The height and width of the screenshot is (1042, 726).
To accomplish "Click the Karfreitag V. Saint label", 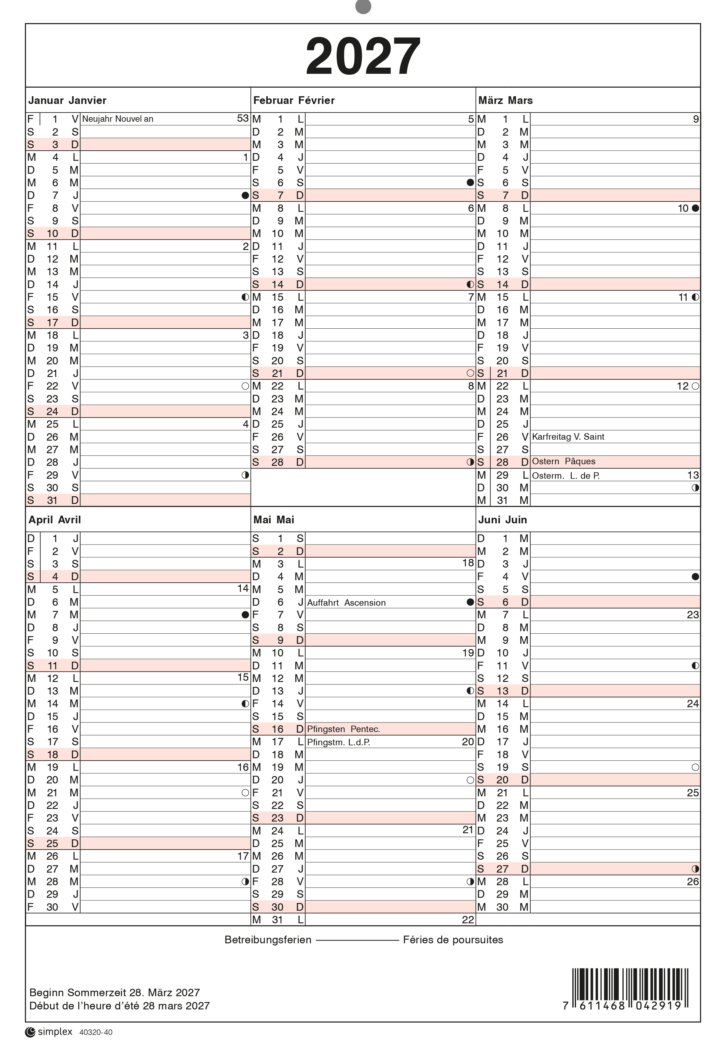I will pos(568,437).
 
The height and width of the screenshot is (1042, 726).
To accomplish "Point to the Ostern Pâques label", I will pos(564,462).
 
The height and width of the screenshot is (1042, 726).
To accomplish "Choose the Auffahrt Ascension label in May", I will pos(346,603).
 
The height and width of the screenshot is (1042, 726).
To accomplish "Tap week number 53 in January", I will pos(243,118).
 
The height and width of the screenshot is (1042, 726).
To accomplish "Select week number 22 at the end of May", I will pos(468,920).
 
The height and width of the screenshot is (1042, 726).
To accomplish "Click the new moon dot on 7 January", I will pos(246,196).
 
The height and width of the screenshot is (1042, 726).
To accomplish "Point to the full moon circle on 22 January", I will pos(246,386).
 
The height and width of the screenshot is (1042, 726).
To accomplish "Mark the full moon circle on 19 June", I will pos(695,767).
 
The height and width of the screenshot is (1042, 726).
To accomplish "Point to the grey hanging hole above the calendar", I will pos(363,6).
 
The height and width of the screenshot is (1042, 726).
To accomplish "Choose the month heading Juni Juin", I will pos(502,520).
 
